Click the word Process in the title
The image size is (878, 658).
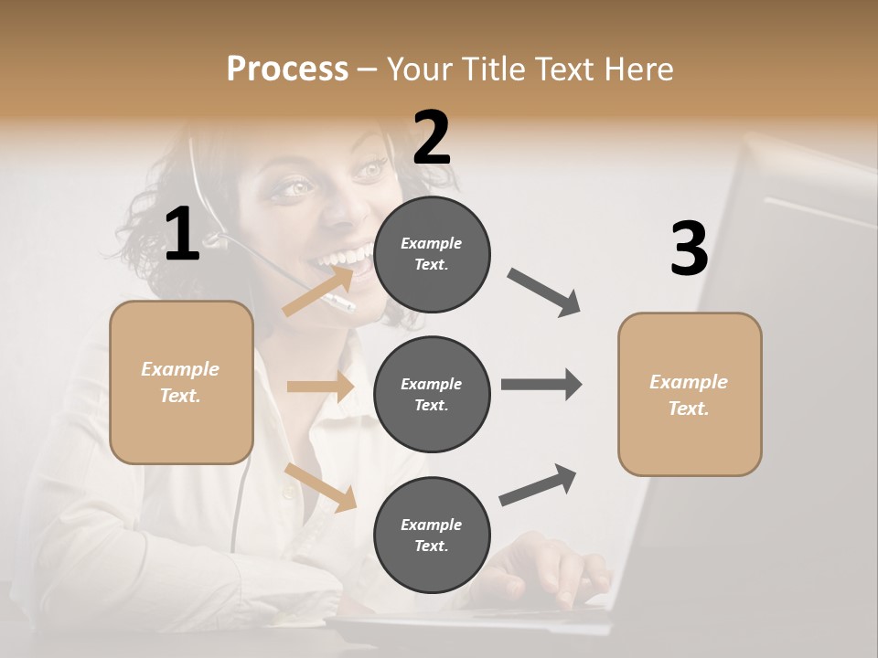[x=287, y=69]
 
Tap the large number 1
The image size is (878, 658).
[x=182, y=235]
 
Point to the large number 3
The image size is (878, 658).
[x=689, y=249]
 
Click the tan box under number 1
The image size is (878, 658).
[x=181, y=382]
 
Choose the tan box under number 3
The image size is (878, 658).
[x=690, y=394]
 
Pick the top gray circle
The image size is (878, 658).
[x=432, y=254]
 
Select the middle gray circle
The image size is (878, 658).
[x=432, y=394]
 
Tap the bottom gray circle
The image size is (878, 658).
[x=432, y=535]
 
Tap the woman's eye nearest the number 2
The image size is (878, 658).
[x=371, y=169]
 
